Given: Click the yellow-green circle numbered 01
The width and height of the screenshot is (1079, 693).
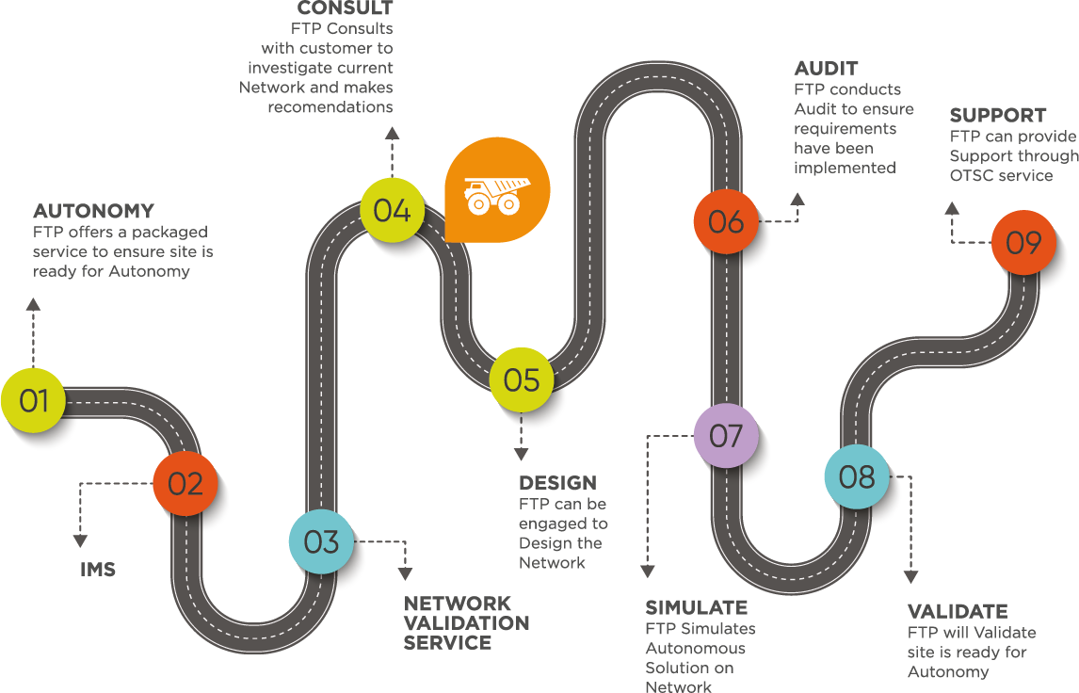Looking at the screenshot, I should [x=34, y=401].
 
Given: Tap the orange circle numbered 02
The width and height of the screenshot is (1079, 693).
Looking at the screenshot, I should [x=185, y=484].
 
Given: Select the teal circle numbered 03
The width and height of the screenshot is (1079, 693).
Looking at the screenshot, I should [x=321, y=542].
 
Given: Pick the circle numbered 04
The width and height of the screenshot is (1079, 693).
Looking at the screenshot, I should [x=392, y=210].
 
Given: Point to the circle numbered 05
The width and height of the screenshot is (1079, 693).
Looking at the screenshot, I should [x=521, y=379].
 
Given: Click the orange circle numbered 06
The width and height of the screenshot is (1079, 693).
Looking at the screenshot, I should [x=726, y=222].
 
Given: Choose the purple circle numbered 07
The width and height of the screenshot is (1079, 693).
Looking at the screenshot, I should [x=726, y=436].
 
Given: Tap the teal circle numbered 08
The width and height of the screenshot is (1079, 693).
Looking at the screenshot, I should [x=857, y=477].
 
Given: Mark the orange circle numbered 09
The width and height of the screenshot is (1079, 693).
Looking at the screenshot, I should [x=1023, y=243].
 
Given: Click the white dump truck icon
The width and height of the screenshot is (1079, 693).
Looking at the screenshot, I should [x=491, y=193].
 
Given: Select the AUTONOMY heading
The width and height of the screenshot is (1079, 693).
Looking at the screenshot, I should [x=93, y=210].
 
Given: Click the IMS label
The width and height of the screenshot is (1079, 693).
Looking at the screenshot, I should [x=98, y=570].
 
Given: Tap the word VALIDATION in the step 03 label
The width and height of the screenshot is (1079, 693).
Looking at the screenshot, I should [x=467, y=623].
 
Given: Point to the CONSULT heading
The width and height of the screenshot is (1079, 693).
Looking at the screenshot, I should [x=345, y=9].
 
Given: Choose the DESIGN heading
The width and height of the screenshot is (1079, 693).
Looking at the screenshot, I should [x=557, y=483].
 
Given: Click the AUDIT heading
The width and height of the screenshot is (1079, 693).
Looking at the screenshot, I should [x=826, y=69].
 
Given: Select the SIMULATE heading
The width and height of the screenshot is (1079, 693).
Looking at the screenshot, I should [x=696, y=607].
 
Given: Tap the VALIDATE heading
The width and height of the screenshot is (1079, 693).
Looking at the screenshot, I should [x=957, y=611].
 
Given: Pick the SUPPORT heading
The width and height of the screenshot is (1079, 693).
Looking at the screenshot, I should [x=997, y=116].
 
